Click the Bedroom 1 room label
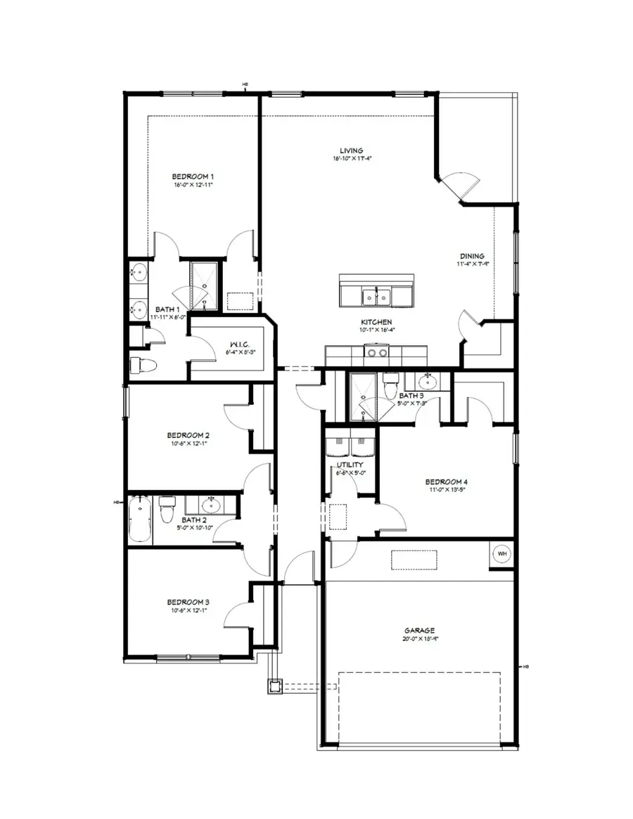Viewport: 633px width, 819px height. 193,176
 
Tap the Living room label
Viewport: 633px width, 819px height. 351,150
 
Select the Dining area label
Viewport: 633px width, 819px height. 473,256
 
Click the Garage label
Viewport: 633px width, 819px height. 419,631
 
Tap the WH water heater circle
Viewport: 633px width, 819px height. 502,554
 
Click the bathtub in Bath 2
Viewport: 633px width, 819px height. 140,519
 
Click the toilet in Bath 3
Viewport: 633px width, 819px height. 391,387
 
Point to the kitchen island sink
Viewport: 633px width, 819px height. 376,297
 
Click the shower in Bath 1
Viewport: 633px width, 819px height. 205,285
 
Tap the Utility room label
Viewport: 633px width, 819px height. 350,465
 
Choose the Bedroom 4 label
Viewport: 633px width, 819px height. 446,482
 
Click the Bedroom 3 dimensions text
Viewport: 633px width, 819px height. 187,610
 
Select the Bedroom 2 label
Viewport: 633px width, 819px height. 188,435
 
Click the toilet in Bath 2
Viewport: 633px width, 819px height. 167,510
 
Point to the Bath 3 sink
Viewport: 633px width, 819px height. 426,382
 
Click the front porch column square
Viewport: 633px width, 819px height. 274,685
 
